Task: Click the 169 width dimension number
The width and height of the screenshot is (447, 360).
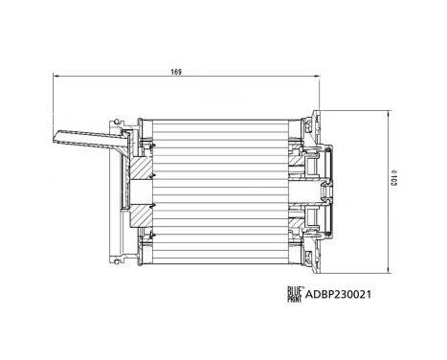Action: [177, 72]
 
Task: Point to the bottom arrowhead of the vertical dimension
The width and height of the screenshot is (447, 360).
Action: [388, 271]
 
